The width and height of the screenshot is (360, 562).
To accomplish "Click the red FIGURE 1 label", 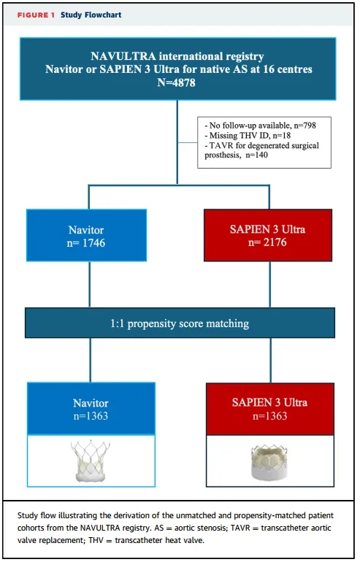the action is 36,15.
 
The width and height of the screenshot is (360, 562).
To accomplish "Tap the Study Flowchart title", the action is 91,15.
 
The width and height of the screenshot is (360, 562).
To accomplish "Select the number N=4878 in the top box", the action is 177,82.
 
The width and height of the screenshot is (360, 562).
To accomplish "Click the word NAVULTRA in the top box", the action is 123,56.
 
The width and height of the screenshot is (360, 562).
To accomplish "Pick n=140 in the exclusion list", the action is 257,155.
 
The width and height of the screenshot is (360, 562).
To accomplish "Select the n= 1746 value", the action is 86,243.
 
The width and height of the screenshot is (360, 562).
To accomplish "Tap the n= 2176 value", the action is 267,242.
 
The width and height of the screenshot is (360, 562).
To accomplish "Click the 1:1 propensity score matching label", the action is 180,323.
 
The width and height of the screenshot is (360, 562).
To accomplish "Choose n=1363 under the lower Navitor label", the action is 91,416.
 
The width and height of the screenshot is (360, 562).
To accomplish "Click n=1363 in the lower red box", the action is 270,416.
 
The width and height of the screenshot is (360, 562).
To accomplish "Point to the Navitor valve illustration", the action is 91,461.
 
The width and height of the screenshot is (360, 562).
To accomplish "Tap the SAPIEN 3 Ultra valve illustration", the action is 269,462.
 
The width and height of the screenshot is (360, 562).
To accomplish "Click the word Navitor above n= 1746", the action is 86,230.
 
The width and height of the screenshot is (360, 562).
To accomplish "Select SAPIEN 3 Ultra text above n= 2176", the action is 267,229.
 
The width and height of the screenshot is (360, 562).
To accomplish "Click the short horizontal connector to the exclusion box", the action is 188,142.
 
